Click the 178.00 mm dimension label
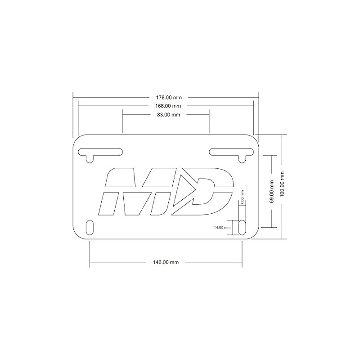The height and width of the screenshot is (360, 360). pyautogui.click(x=166, y=97)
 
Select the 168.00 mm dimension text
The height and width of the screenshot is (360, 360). pyautogui.click(x=166, y=106)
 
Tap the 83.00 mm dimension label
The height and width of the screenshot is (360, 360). pyautogui.click(x=166, y=115)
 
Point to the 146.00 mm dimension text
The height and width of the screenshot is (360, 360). pyautogui.click(x=166, y=262)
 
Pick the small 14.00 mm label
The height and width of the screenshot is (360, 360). pyautogui.click(x=222, y=227)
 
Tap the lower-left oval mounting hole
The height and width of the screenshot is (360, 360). pyautogui.click(x=90, y=227)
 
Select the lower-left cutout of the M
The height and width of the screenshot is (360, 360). pyautogui.click(x=108, y=203)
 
